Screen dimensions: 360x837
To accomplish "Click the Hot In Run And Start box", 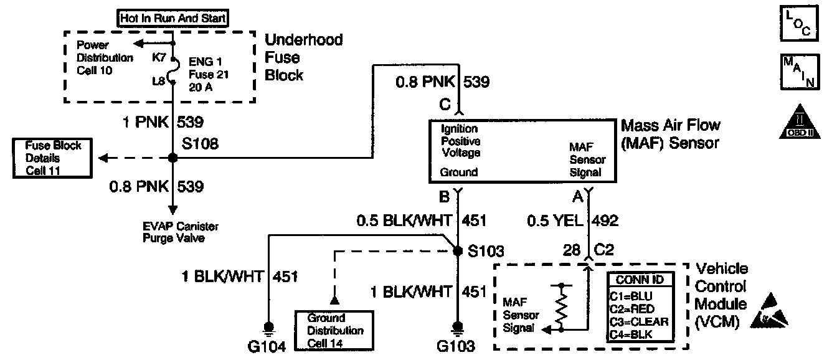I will [173, 19].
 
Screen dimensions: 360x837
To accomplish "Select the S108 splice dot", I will [173, 158].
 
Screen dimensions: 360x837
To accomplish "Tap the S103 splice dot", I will [458, 250].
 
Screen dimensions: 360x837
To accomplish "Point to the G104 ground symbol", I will [270, 326].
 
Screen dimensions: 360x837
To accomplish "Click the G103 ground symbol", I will [458, 326].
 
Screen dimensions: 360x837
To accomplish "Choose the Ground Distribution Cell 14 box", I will [334, 330].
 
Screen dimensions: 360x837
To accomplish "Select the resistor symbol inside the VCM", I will [562, 307].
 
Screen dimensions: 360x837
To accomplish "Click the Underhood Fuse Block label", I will [303, 58].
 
